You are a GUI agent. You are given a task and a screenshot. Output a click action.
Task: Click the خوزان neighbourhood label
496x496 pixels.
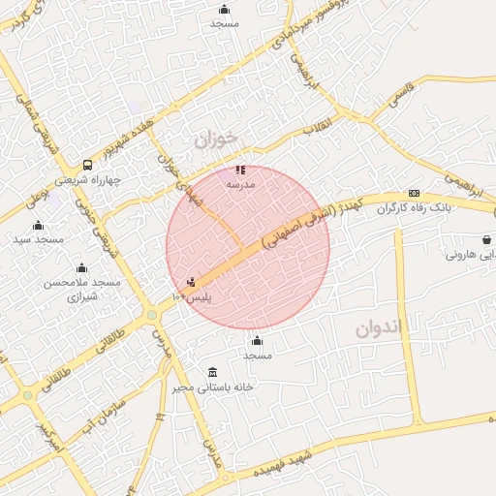pos(215,139)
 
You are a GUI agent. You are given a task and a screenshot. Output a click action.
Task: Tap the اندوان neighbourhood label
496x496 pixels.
pos(378,327)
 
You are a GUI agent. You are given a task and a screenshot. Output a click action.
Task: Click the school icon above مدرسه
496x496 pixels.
pos(240,170)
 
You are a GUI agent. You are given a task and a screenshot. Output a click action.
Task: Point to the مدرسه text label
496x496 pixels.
pos(240,183)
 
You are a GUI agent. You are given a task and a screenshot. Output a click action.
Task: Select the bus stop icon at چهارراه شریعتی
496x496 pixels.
pos(88,165)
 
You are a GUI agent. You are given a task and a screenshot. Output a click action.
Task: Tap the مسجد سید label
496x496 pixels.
pos(39,238)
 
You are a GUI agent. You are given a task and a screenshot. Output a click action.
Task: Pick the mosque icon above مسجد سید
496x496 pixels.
pos(39,226)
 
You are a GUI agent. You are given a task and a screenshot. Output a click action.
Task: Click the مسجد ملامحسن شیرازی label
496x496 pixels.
pos(81,289)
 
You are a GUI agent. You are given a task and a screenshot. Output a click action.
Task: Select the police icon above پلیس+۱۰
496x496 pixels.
pos(191,283)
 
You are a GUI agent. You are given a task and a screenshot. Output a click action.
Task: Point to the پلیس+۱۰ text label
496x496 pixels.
pos(192,295)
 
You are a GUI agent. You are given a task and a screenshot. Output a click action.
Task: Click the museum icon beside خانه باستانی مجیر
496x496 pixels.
pos(213,372)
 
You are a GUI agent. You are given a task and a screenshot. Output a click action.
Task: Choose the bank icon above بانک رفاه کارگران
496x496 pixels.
pos(414,193)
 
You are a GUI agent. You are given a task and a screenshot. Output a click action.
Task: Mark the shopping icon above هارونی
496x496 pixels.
pos(484,239)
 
